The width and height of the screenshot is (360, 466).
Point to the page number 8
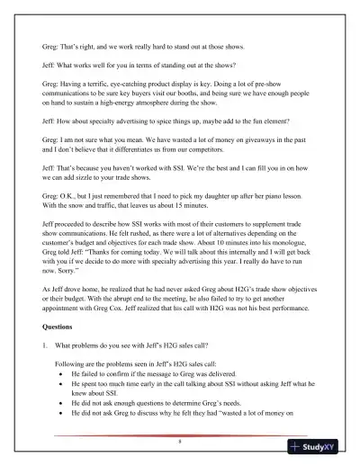[180, 442]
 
